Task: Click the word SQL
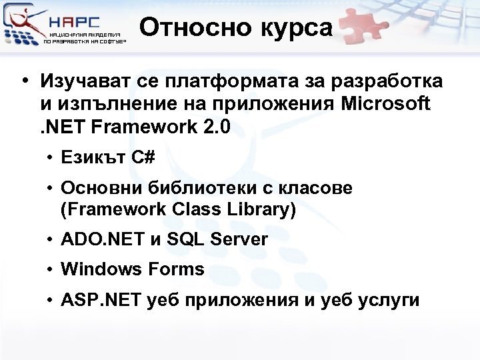[x=185, y=239]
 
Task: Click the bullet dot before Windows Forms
[x=51, y=270]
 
